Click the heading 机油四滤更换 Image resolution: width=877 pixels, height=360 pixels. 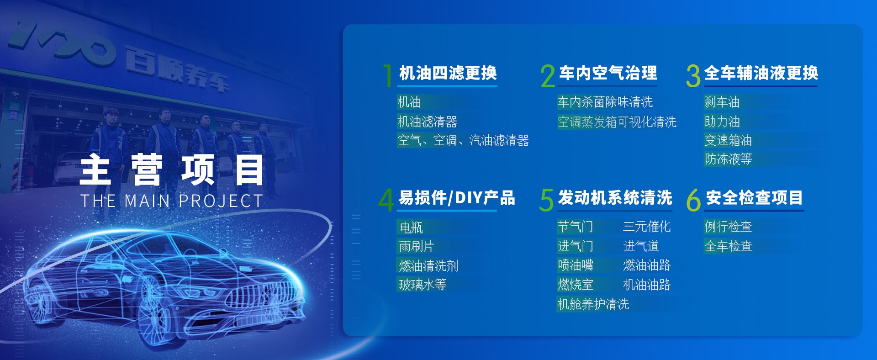(x=448, y=73)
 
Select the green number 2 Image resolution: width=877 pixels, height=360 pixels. (x=548, y=76)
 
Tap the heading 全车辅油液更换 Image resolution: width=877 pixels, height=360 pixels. (x=761, y=73)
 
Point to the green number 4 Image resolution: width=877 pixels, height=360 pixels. (x=386, y=200)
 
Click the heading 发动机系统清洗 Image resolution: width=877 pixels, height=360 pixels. (x=615, y=198)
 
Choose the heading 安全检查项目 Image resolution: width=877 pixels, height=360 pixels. (x=754, y=198)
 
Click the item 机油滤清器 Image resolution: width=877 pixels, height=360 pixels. (x=427, y=122)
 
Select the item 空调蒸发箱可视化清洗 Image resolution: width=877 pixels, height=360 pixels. (x=617, y=122)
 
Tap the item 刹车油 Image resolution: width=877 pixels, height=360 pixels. (x=722, y=102)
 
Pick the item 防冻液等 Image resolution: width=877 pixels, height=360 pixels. (x=728, y=159)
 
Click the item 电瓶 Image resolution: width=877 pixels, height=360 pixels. (x=411, y=227)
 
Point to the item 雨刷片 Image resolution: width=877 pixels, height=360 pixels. (x=416, y=247)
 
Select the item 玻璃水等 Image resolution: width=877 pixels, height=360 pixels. (x=423, y=285)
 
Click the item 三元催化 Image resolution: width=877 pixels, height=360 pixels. (x=647, y=227)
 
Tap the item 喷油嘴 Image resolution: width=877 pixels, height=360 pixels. (x=575, y=265)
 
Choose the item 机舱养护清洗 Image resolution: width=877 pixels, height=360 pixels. (x=593, y=304)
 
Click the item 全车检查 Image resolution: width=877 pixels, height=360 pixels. (x=728, y=246)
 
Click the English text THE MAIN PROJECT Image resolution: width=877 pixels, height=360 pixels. (x=171, y=201)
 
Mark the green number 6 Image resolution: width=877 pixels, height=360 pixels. (x=693, y=200)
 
